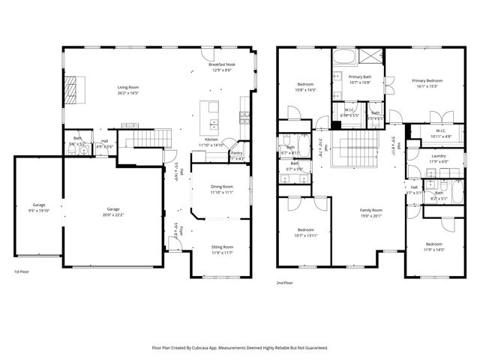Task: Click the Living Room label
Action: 127,88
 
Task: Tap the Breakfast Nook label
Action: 223,65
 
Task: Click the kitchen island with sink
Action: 213,114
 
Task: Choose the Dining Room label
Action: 221,187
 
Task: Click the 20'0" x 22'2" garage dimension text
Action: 112,214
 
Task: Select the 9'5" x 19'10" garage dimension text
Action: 38,209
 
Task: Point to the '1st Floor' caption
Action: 22,271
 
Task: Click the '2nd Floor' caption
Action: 284,283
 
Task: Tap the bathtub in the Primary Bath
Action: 346,58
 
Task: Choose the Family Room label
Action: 370,209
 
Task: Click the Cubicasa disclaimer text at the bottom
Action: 239,347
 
